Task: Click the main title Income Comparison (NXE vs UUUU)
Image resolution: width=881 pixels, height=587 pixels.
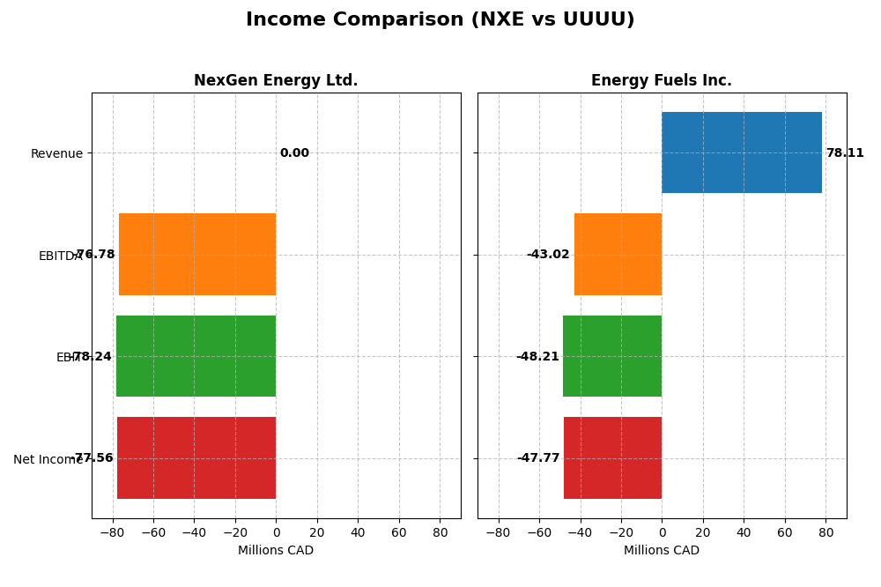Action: point(440,19)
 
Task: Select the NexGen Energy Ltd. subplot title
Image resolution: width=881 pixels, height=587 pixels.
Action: point(276,80)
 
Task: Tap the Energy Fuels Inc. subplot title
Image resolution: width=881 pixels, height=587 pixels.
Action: point(661,80)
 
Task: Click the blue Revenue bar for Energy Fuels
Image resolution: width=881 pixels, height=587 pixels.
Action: point(741,152)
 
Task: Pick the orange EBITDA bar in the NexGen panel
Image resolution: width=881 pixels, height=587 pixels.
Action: point(197,254)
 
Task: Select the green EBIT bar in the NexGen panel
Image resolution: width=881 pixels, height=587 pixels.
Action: point(196,356)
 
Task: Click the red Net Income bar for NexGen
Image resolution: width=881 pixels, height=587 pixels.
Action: point(196,457)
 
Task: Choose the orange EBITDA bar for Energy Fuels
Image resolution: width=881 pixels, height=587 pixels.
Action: point(618,254)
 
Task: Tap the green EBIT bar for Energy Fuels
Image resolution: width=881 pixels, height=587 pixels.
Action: point(612,356)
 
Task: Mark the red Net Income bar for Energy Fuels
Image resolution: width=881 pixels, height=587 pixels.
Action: point(612,457)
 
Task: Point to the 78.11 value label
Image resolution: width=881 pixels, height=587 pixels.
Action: point(845,153)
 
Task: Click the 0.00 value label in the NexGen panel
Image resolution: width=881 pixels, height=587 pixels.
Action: point(294,153)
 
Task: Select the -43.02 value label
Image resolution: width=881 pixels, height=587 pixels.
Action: point(548,255)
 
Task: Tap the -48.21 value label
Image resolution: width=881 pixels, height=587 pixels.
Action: point(537,357)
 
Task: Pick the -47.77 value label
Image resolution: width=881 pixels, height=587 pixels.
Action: point(538,458)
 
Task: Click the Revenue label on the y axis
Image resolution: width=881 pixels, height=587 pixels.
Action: point(56,154)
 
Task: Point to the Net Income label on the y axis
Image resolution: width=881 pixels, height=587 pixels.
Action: point(48,459)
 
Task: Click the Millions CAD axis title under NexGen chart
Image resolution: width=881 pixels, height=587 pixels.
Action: point(276,551)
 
